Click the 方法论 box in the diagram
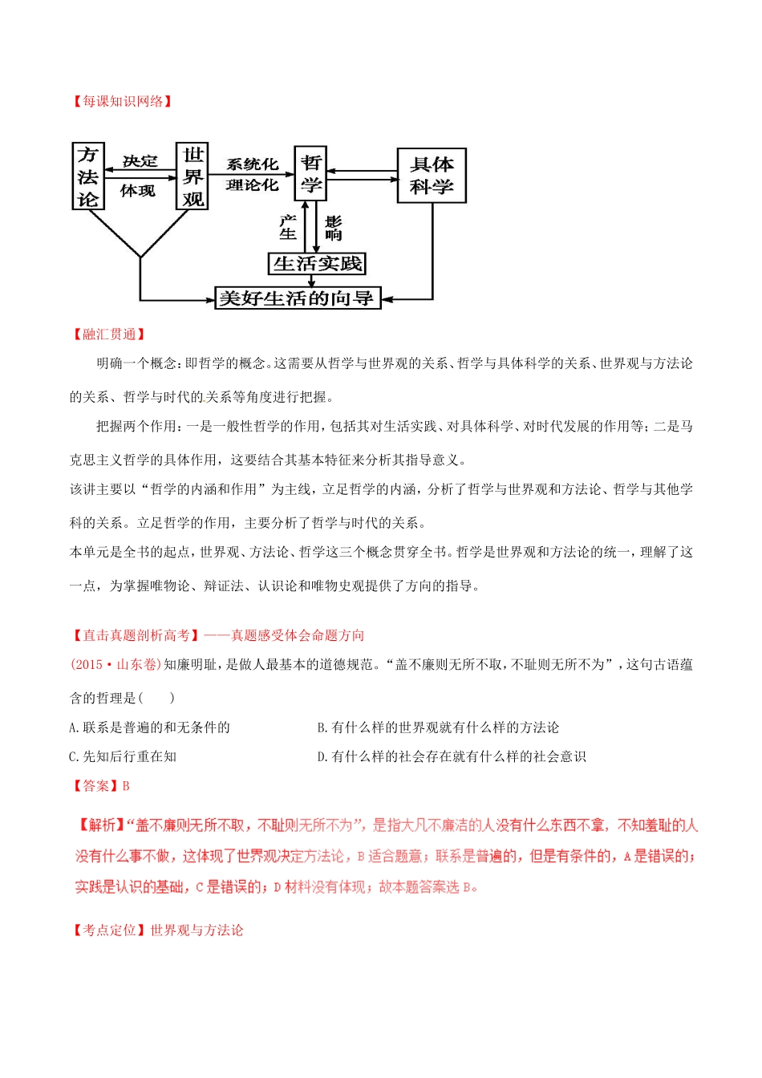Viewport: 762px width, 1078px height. (x=88, y=176)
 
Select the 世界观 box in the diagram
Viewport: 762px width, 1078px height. (x=193, y=176)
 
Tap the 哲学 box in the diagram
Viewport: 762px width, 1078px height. (x=310, y=174)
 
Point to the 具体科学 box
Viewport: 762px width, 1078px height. (x=432, y=176)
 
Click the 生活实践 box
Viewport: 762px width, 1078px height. (x=317, y=263)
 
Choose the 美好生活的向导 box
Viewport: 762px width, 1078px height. (x=297, y=298)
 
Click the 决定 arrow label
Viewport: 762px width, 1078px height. (x=140, y=161)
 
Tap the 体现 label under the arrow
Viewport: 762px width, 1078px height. (x=138, y=191)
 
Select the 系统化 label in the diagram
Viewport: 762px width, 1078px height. (x=252, y=164)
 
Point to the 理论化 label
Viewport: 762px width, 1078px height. (x=252, y=185)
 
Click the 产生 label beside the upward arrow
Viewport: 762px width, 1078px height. (x=288, y=227)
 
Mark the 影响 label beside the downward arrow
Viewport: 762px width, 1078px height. (x=334, y=227)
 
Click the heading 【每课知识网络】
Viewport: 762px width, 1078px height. (x=122, y=101)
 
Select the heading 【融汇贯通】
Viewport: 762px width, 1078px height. (x=108, y=334)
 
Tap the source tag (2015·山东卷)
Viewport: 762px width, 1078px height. (x=116, y=664)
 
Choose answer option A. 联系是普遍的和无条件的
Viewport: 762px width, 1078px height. (x=150, y=727)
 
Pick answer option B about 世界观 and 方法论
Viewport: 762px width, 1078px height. (x=438, y=727)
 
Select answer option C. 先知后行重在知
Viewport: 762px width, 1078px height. (x=124, y=756)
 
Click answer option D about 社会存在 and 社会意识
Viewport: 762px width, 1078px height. (x=452, y=756)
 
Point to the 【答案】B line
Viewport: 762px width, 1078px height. (x=100, y=786)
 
